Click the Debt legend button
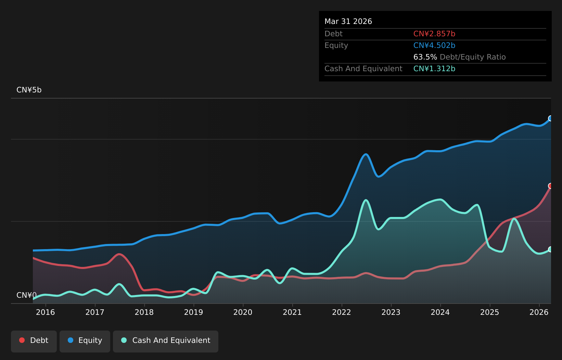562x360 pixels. [34, 342]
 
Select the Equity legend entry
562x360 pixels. [85, 342]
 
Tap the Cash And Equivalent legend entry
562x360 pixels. [166, 342]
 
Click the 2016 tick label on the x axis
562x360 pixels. [46, 312]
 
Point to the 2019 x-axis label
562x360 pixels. [193, 312]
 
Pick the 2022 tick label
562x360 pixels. [342, 312]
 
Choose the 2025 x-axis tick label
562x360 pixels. [489, 312]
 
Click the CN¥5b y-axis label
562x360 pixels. [29, 90]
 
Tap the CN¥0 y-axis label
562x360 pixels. [27, 295]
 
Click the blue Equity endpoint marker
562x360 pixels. [550, 118]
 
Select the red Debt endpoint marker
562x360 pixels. [550, 186]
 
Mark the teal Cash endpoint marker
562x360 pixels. [550, 249]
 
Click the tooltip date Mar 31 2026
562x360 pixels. [348, 21]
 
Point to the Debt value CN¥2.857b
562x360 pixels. [434, 34]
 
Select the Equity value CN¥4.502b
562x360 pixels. [434, 46]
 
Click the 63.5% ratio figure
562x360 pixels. [425, 57]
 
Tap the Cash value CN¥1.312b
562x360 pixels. [434, 68]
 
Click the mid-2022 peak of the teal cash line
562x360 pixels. [366, 200]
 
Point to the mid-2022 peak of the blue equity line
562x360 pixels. [366, 154]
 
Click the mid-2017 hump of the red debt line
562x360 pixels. [119, 254]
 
